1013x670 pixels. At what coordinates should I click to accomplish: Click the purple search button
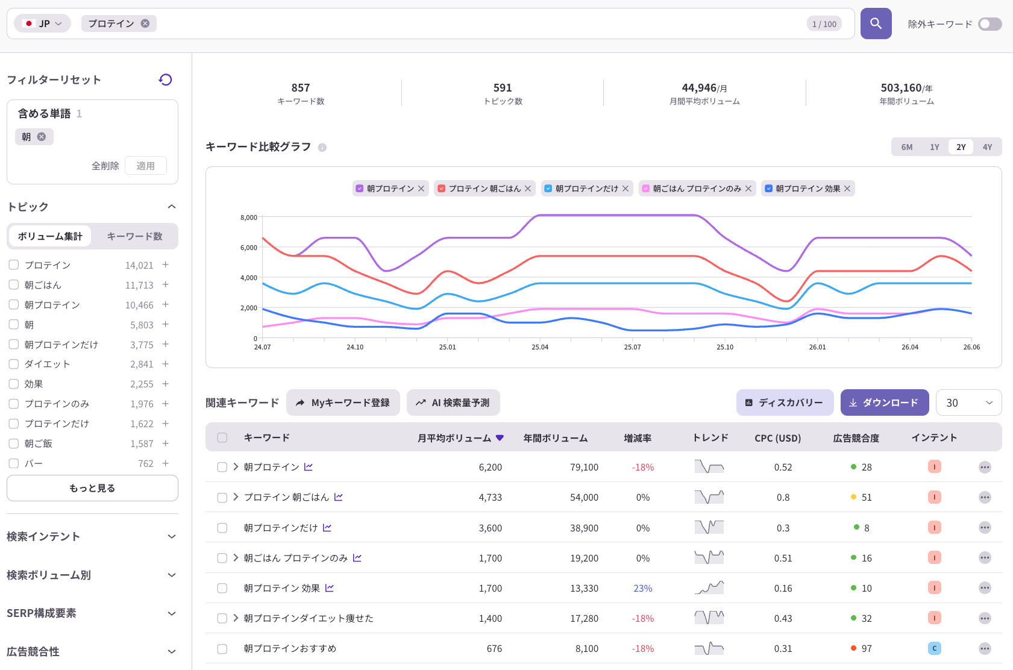[x=876, y=23]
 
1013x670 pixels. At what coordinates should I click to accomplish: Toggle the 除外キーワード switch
[x=989, y=24]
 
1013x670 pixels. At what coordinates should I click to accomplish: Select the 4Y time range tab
[x=987, y=147]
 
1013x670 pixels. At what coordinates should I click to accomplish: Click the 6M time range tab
[x=906, y=147]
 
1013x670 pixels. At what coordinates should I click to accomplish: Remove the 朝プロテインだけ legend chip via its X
[x=626, y=189]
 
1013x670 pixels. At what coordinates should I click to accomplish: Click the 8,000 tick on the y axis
[x=249, y=218]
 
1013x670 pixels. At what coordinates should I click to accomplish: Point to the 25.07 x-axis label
[x=632, y=347]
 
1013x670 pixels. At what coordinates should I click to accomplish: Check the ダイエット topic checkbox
[x=14, y=364]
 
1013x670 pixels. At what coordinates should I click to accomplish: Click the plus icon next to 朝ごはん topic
[x=166, y=284]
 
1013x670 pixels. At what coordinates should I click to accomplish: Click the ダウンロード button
[x=885, y=402]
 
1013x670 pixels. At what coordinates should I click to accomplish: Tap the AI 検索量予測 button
[x=453, y=402]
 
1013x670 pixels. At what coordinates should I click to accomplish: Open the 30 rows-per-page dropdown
[x=968, y=402]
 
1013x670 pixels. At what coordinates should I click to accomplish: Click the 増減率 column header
[x=638, y=437]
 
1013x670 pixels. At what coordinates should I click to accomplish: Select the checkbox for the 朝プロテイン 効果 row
[x=222, y=587]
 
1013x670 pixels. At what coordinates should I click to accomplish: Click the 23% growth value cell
[x=642, y=587]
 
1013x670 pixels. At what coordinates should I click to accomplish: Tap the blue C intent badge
[x=934, y=648]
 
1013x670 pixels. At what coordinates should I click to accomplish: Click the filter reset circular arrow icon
[x=166, y=80]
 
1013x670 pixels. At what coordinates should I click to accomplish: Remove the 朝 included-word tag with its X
[x=42, y=137]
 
